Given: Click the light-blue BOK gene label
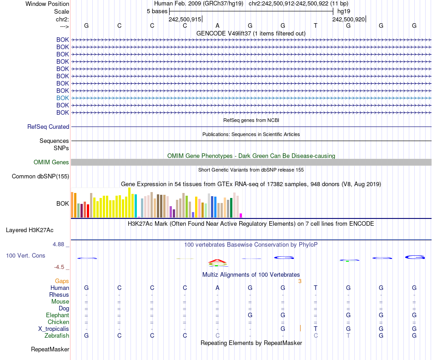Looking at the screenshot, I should click(x=63, y=98).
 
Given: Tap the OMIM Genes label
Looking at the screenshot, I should click(x=51, y=162).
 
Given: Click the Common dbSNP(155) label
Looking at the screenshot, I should click(x=40, y=177).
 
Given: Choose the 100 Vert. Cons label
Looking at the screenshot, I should click(x=25, y=256).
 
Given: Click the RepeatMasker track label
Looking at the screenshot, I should click(x=50, y=350).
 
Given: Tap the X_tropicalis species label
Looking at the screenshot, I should click(x=54, y=329).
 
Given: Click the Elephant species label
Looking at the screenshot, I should click(x=57, y=315).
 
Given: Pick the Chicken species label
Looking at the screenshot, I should click(x=58, y=322).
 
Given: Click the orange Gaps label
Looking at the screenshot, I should click(x=62, y=281).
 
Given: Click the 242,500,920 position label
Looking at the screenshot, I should click(x=348, y=19).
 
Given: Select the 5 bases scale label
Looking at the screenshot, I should click(x=157, y=11).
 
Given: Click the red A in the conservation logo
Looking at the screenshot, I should click(x=217, y=261).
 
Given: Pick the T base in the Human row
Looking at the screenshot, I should click(x=316, y=288).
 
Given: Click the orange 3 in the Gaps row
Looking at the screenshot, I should click(x=300, y=281).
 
